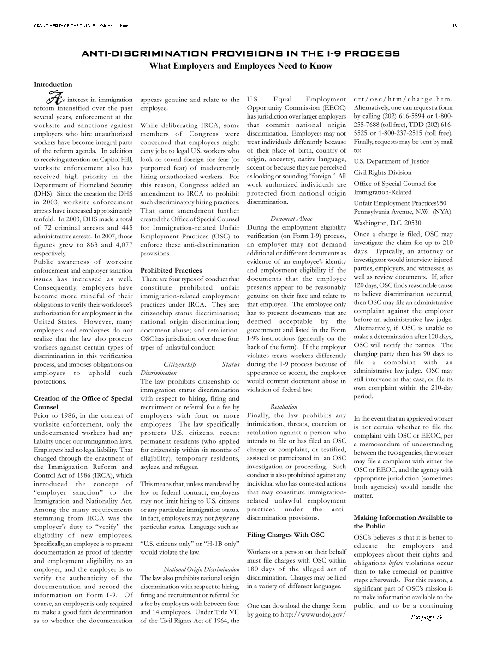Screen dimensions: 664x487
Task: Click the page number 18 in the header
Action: [x=454, y=26]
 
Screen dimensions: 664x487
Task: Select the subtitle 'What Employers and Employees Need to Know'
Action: [x=240, y=66]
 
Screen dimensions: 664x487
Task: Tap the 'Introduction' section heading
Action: [x=53, y=84]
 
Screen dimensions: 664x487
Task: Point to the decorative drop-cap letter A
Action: [x=53, y=98]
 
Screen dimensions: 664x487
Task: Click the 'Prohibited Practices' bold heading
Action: [x=171, y=270]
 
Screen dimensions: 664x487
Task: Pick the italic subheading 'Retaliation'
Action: [x=284, y=407]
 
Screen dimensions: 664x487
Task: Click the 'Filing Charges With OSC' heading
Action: [x=286, y=535]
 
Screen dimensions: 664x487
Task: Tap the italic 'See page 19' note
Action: [x=427, y=617]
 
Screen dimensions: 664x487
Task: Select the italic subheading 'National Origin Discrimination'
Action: [x=202, y=569]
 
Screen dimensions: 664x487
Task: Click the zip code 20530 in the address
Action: [x=411, y=223]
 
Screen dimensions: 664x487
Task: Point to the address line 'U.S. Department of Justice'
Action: [x=392, y=161]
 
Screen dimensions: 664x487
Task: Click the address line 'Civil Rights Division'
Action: [x=383, y=172]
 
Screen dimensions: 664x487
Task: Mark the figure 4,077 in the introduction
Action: [x=119, y=245]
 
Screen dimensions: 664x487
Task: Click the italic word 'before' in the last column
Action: [x=396, y=563]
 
